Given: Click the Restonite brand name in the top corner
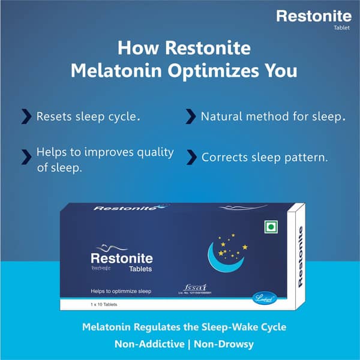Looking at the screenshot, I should [314, 16].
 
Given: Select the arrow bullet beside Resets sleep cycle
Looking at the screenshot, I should [26, 116].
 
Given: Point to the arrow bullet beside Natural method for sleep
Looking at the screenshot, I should [191, 116].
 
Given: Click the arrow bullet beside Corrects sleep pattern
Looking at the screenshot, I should [191, 157].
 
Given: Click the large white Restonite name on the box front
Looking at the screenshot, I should [121, 259].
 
